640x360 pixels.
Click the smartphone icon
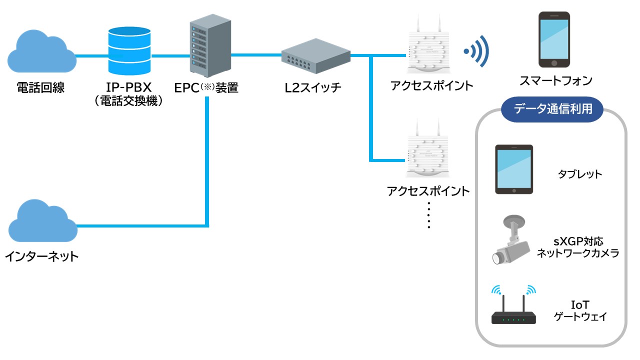pos(554,40)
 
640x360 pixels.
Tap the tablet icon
pos(514,169)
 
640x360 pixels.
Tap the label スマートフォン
pos(555,80)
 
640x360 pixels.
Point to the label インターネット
pos(42,257)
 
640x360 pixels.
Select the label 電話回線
pos(40,88)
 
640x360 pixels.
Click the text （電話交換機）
pos(129,101)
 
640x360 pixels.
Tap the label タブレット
pos(580,174)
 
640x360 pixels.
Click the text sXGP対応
pos(578,241)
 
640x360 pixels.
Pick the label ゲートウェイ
pos(580,316)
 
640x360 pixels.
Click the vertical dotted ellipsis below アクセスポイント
pos(429,216)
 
